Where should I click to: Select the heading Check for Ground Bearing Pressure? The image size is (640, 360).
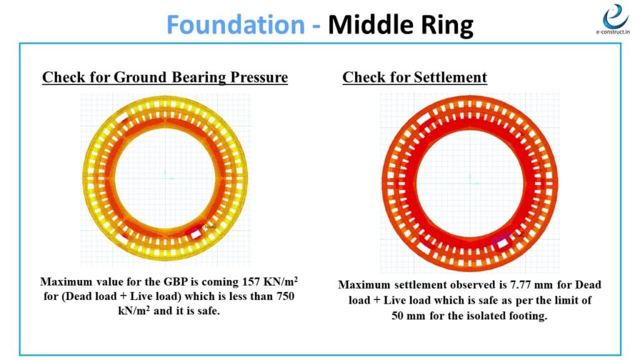click(165, 77)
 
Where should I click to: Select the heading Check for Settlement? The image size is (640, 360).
click(414, 77)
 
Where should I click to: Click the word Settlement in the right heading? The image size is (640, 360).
click(450, 77)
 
